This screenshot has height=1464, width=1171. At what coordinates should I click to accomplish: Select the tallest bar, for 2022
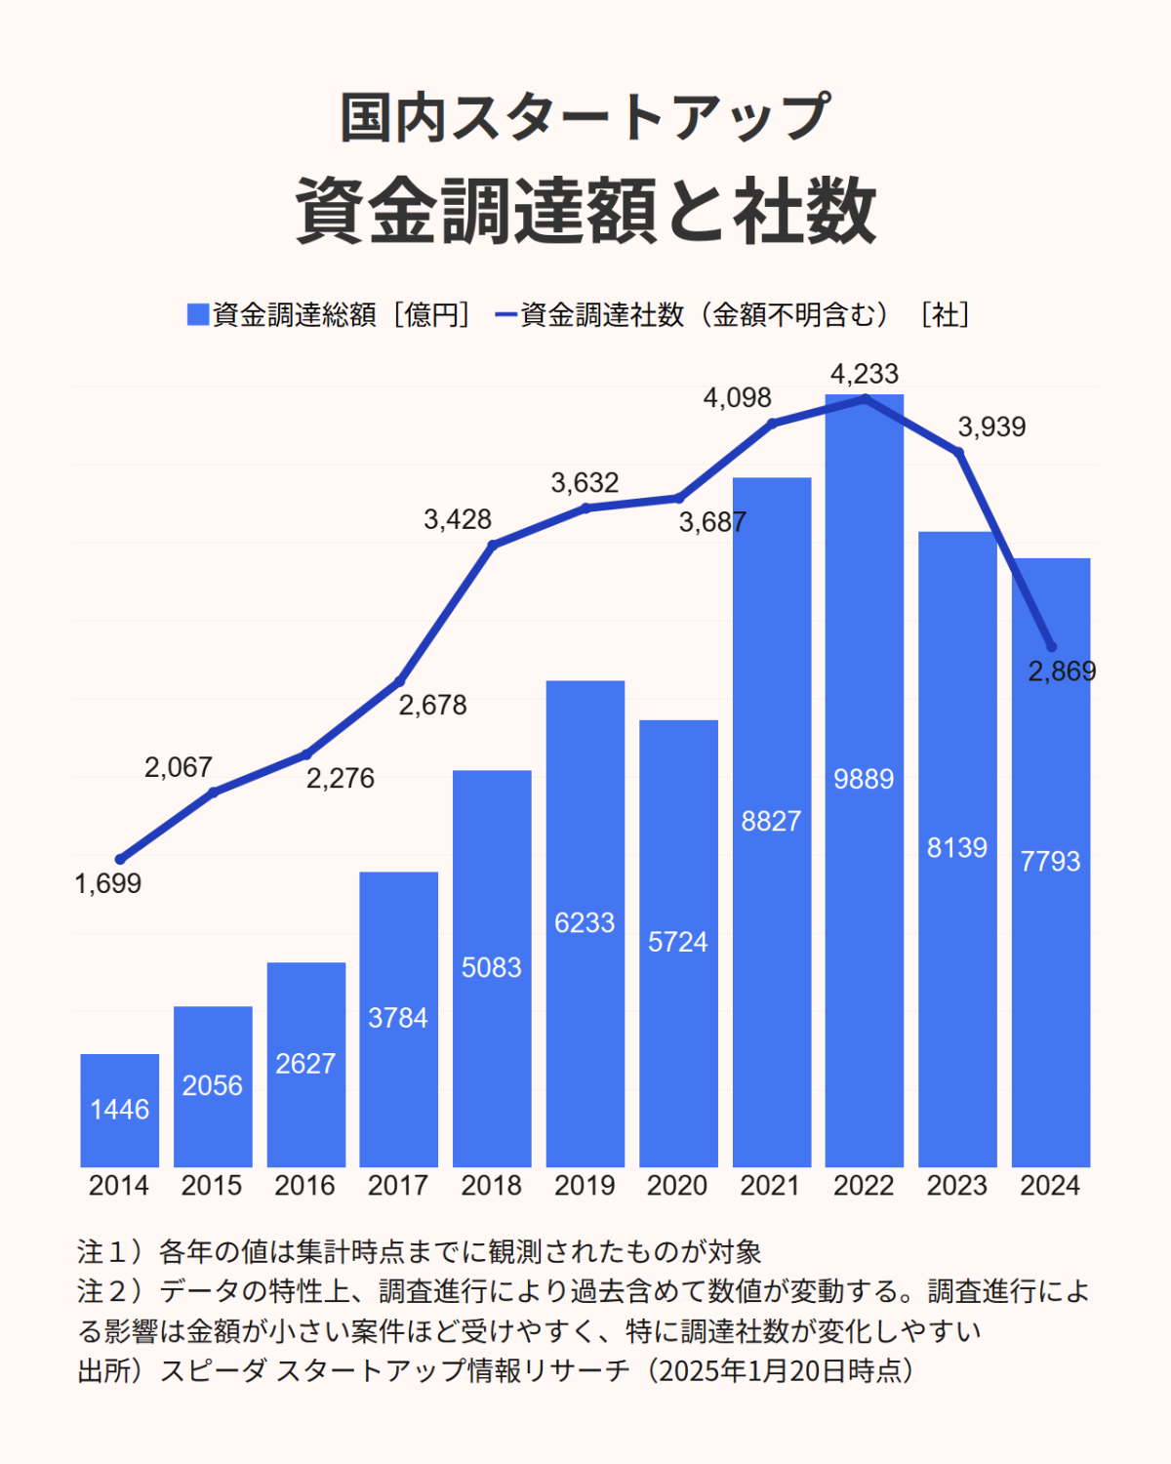tap(864, 781)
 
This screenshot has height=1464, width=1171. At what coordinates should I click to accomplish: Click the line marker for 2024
tap(1051, 647)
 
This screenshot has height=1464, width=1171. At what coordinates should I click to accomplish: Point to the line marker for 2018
tap(492, 545)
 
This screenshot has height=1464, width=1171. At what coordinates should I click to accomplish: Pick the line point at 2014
tap(120, 859)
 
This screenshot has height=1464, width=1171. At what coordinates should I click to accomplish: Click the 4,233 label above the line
tap(864, 374)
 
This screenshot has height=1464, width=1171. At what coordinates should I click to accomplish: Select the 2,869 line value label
tap(1062, 671)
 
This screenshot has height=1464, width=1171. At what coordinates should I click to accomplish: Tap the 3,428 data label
tap(457, 519)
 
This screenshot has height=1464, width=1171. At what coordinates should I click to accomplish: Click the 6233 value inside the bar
tap(585, 922)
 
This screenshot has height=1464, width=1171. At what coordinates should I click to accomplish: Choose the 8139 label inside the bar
tap(956, 847)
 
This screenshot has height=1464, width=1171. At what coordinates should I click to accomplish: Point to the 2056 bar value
tap(212, 1085)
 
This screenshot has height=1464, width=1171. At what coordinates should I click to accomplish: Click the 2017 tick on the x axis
tap(397, 1185)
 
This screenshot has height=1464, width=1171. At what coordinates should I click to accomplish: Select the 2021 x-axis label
tap(770, 1185)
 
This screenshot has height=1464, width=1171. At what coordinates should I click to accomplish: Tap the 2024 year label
tap(1050, 1185)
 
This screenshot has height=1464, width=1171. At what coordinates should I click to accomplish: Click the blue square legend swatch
tap(198, 314)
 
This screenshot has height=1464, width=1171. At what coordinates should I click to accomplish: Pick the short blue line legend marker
tap(505, 314)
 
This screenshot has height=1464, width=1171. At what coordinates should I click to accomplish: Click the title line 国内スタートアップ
tap(585, 118)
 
